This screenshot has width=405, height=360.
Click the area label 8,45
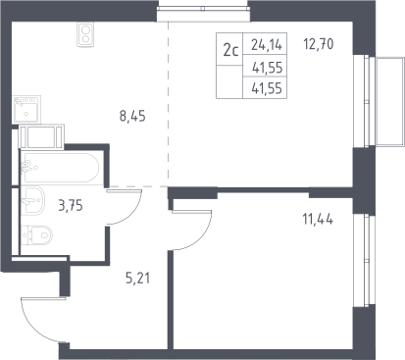[132, 116]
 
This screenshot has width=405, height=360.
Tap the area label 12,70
[319, 44]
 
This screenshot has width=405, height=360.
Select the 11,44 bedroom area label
[318, 219]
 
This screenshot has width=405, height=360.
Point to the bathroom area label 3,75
[71, 206]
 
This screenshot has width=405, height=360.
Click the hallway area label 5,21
[137, 279]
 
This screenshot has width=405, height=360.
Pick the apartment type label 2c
[230, 51]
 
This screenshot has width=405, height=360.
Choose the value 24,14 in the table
[267, 44]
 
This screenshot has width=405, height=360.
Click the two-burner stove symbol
[85, 34]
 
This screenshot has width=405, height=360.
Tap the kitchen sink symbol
[26, 110]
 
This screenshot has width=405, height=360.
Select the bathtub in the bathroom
[60, 168]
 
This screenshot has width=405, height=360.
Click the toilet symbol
[36, 234]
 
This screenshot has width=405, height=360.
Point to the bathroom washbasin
[32, 200]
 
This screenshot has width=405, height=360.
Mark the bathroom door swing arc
[133, 214]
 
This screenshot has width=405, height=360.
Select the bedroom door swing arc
[202, 240]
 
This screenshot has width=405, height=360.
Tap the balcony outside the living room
[390, 101]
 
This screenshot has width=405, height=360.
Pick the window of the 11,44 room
[364, 261]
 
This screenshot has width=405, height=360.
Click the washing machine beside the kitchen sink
[41, 136]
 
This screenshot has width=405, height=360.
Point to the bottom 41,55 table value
[267, 88]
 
